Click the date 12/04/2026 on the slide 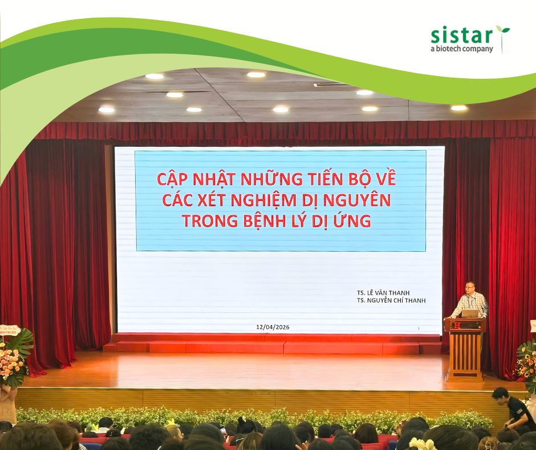coord(273,327)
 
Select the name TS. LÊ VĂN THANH coord(383,293)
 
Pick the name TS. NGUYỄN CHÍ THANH coord(391,300)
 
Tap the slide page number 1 coord(419,328)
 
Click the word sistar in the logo coord(461,35)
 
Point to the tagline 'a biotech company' coord(461,49)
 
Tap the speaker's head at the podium coord(470,287)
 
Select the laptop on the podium coord(470,314)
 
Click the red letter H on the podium coord(456,325)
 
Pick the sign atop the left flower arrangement coord(10,330)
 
